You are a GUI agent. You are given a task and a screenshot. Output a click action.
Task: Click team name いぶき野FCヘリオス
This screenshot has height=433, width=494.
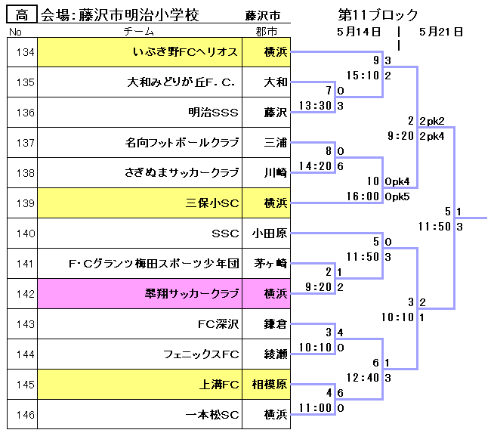click(x=185, y=52)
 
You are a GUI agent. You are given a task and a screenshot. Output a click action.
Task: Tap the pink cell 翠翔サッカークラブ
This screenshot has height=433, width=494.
click(x=192, y=294)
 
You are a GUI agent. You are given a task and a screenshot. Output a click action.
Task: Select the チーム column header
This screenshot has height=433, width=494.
click(x=139, y=31)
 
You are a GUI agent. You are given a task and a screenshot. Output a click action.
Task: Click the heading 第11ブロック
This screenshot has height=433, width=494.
click(x=378, y=15)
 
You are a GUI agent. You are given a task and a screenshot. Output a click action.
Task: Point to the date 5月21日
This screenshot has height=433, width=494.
click(x=440, y=32)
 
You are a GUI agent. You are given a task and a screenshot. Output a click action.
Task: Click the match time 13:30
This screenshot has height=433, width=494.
click(x=316, y=106)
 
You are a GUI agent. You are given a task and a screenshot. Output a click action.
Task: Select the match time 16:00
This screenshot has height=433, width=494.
click(x=362, y=196)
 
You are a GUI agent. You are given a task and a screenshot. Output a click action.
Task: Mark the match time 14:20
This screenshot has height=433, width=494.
click(x=316, y=166)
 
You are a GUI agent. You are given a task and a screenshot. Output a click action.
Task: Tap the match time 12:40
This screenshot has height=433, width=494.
click(x=362, y=377)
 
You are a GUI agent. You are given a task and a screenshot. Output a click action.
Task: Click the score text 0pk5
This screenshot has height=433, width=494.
click(x=397, y=196)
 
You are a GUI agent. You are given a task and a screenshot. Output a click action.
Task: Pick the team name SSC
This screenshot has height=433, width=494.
click(x=225, y=234)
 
